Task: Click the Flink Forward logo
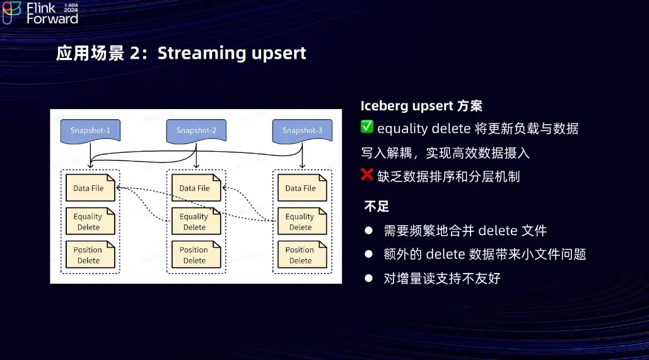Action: [x=40, y=13]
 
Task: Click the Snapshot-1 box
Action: [x=90, y=131]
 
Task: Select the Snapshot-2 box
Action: [x=196, y=131]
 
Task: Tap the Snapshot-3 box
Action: [x=302, y=131]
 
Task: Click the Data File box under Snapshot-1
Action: [x=90, y=188]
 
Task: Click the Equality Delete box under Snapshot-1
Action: [x=90, y=221]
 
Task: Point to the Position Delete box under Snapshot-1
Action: [x=90, y=255]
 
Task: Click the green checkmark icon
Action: [x=367, y=127]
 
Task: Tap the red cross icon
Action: [x=367, y=175]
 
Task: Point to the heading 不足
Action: [x=377, y=206]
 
